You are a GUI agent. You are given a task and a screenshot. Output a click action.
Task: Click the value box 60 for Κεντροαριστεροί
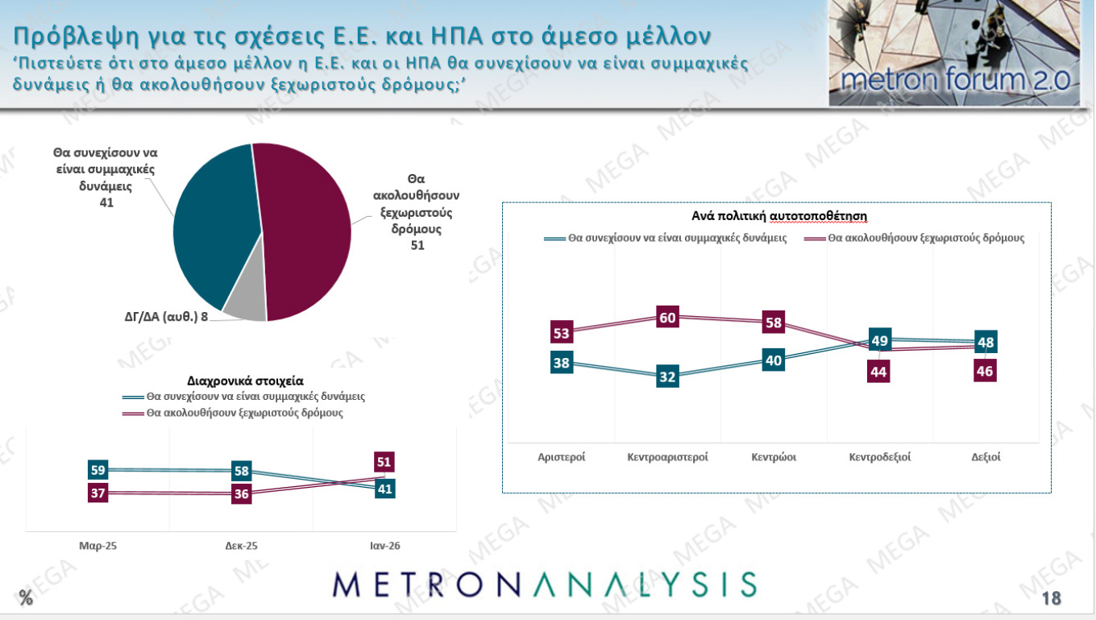(667, 318)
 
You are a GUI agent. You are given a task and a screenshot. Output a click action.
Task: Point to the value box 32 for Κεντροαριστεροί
(667, 377)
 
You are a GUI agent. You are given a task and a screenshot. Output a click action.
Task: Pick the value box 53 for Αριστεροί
(562, 333)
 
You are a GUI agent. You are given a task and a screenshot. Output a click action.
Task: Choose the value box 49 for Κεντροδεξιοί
(880, 341)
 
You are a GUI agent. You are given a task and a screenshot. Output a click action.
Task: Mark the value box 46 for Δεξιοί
(985, 372)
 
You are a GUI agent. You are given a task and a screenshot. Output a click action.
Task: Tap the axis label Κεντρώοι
(774, 456)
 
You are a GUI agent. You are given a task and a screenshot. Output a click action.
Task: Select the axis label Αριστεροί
(562, 456)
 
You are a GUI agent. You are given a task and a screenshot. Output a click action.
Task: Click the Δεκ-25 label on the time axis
(241, 546)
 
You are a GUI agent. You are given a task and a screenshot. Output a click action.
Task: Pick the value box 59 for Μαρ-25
(98, 470)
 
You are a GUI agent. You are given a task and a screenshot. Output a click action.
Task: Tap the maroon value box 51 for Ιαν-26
(384, 462)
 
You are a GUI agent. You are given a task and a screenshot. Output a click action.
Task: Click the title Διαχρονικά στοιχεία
(246, 381)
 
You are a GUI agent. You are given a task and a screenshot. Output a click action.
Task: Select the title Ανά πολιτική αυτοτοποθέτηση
(778, 216)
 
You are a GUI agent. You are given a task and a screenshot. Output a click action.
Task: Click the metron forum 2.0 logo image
(954, 53)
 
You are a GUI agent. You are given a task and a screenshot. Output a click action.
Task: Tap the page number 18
(1051, 597)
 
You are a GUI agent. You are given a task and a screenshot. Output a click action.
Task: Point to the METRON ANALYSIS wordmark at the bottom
(545, 585)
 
